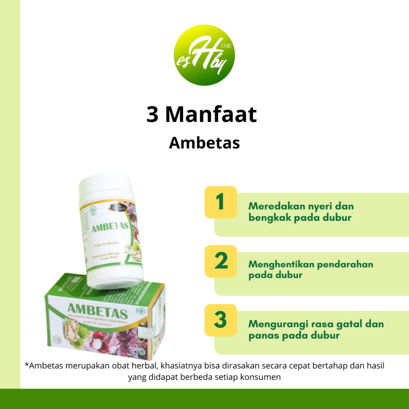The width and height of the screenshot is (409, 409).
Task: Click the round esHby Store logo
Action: [204, 55]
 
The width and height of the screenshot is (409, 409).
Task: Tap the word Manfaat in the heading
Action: [211, 115]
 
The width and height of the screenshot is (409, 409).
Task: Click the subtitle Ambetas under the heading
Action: [204, 143]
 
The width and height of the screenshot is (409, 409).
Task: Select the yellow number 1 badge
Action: [220, 202]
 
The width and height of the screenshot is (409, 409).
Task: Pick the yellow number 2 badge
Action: [220, 261]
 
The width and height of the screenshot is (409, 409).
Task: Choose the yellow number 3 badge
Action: [220, 320]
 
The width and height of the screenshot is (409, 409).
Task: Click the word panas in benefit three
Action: [262, 335]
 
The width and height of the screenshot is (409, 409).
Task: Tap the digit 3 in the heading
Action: [153, 115]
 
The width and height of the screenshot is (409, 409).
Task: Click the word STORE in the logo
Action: [226, 47]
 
